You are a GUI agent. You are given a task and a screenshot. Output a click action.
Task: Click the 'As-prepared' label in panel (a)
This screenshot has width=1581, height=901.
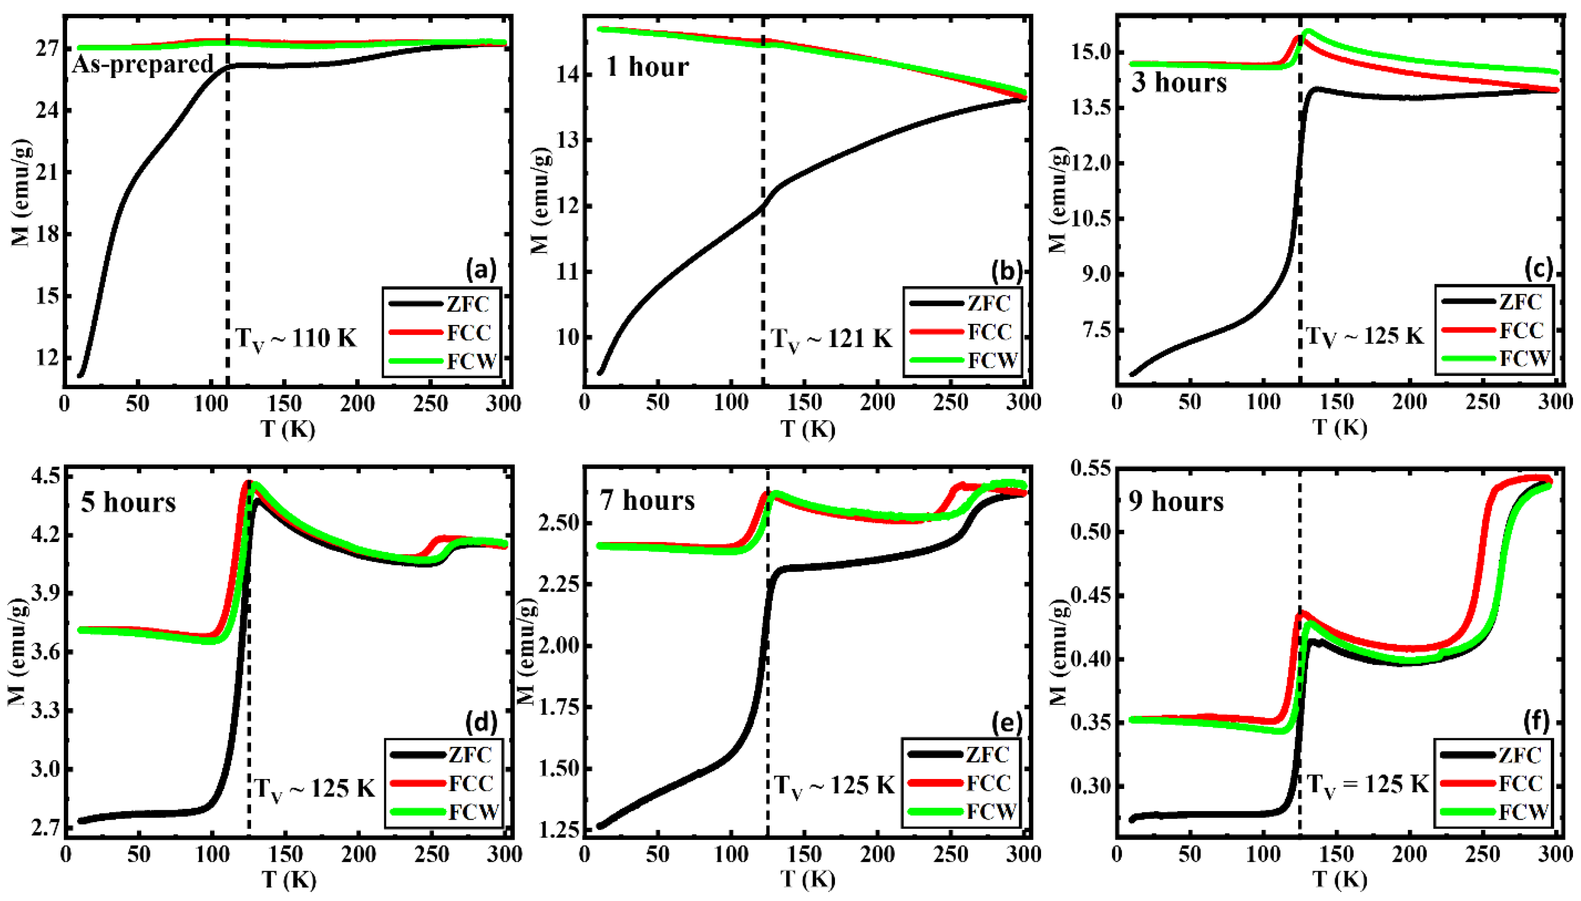pyautogui.click(x=143, y=64)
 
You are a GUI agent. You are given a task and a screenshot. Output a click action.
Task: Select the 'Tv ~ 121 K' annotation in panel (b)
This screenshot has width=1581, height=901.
pyautogui.click(x=831, y=339)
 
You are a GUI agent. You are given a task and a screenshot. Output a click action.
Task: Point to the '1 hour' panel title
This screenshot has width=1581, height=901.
pyautogui.click(x=646, y=66)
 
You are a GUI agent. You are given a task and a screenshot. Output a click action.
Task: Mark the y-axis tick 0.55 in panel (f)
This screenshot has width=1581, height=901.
pyautogui.click(x=1090, y=468)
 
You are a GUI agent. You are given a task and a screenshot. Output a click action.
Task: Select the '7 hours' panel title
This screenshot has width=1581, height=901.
pyautogui.click(x=647, y=500)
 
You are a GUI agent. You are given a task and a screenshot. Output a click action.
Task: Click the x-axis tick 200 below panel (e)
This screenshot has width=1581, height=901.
pyautogui.click(x=877, y=855)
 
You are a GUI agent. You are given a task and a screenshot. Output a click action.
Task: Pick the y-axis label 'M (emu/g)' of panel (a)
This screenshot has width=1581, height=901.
pyautogui.click(x=22, y=192)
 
